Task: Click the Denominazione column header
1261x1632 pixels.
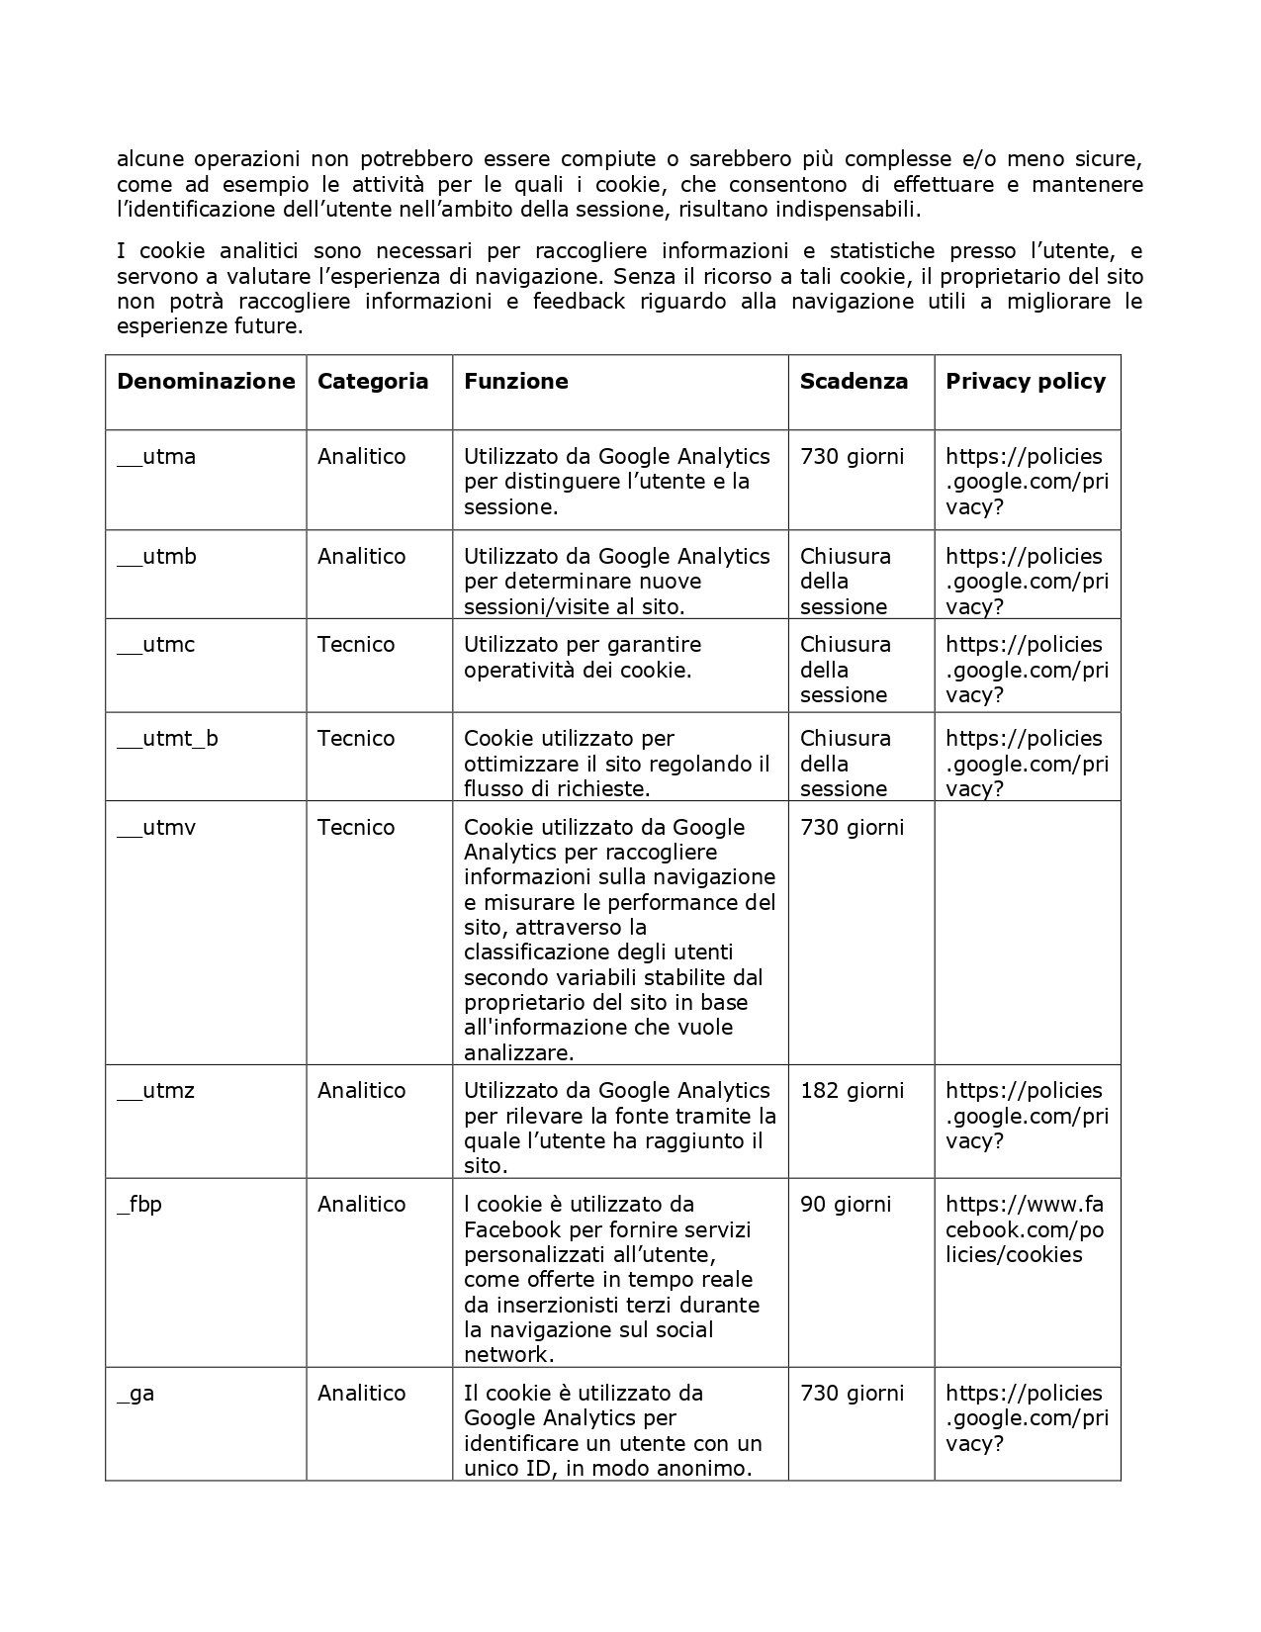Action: (x=206, y=382)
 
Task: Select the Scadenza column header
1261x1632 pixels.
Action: (x=854, y=382)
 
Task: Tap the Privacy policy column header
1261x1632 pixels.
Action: (x=1026, y=382)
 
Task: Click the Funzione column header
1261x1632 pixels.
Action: (x=516, y=382)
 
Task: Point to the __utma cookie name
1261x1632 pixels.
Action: (x=156, y=457)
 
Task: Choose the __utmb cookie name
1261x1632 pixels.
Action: (x=156, y=557)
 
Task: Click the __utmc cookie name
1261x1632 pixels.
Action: (x=156, y=645)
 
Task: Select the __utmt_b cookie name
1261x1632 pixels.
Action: (x=167, y=739)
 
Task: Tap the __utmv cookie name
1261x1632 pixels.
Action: (x=156, y=828)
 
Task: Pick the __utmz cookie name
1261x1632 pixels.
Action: (x=155, y=1091)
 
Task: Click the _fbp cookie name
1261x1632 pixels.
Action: (x=139, y=1205)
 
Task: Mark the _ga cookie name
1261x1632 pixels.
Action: (x=135, y=1394)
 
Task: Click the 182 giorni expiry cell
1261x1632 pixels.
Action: (x=852, y=1091)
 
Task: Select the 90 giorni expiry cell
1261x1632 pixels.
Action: (x=846, y=1205)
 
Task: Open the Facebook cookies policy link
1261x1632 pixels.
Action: (x=1025, y=1229)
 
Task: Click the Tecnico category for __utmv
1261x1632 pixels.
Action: (x=356, y=828)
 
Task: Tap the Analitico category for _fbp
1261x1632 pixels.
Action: (x=361, y=1205)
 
